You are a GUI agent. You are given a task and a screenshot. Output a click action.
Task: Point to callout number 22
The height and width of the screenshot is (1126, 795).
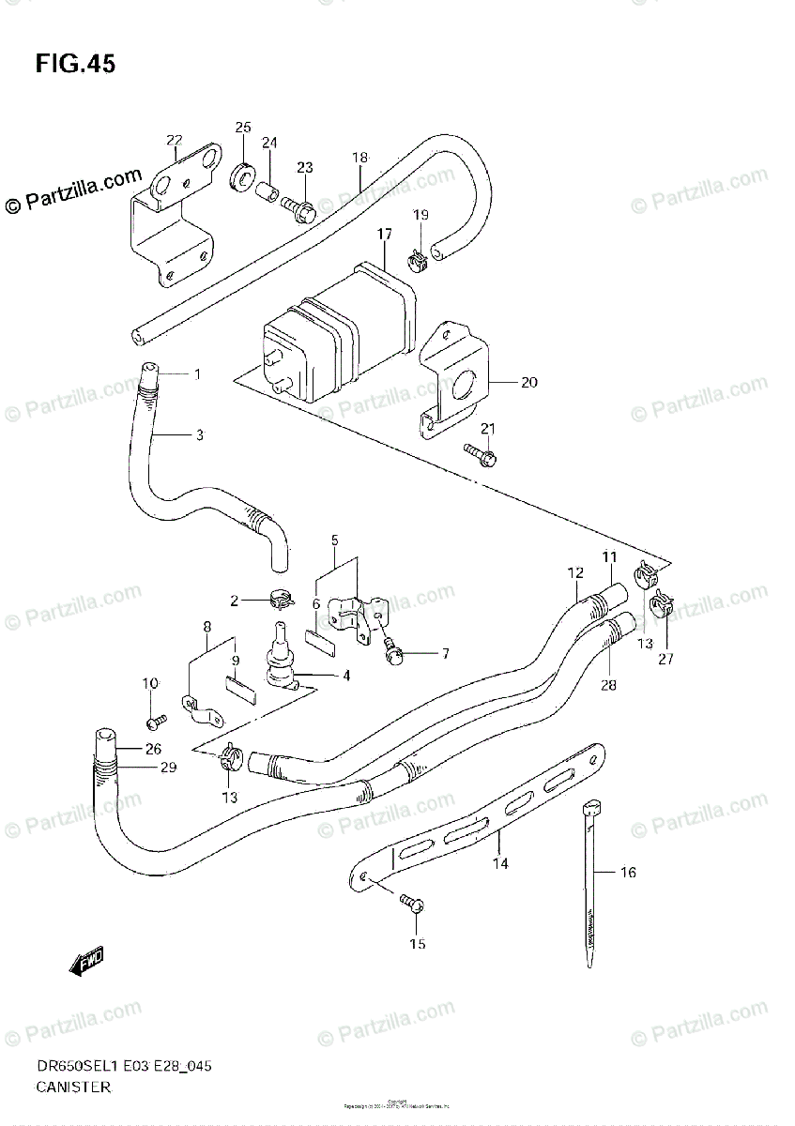[x=174, y=141]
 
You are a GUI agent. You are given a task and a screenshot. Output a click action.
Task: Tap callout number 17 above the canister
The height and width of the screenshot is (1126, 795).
[x=385, y=234]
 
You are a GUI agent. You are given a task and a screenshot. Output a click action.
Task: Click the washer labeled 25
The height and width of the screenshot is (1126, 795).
[x=242, y=174]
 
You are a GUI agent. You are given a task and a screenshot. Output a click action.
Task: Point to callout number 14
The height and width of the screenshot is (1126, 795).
[x=500, y=863]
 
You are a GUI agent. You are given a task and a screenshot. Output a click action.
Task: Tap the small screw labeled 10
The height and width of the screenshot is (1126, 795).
[x=156, y=721]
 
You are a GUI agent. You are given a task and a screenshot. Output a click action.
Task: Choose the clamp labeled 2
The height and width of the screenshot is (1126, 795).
[x=278, y=595]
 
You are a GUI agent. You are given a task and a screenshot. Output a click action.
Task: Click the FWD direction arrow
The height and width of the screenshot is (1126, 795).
[x=87, y=961]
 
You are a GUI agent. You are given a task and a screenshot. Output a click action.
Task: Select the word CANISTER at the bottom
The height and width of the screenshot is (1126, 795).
[x=75, y=1088]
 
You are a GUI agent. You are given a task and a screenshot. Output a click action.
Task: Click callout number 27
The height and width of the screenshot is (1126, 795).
[x=665, y=658]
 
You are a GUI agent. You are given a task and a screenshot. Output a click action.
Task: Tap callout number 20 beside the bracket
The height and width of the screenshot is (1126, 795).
[x=529, y=382]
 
